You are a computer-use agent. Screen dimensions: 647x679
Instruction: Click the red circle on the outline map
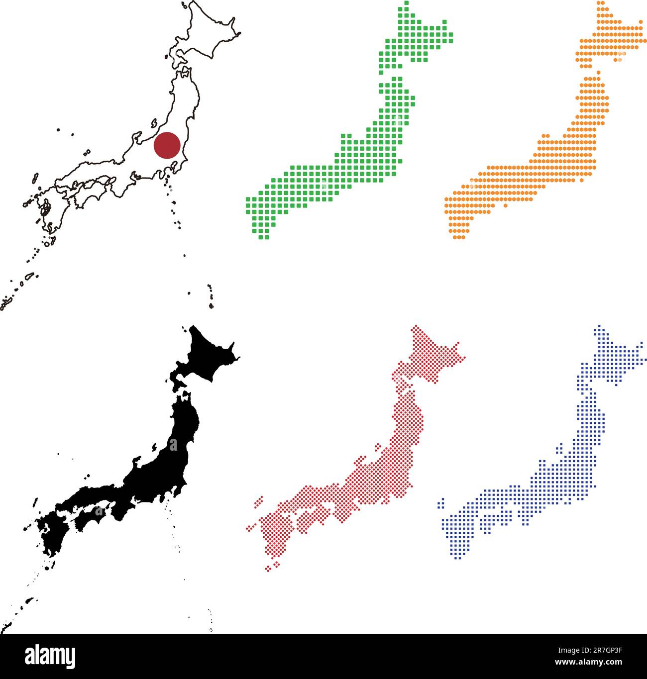tap(167, 145)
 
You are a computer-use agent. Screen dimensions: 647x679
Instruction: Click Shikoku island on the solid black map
tap(90, 517)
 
